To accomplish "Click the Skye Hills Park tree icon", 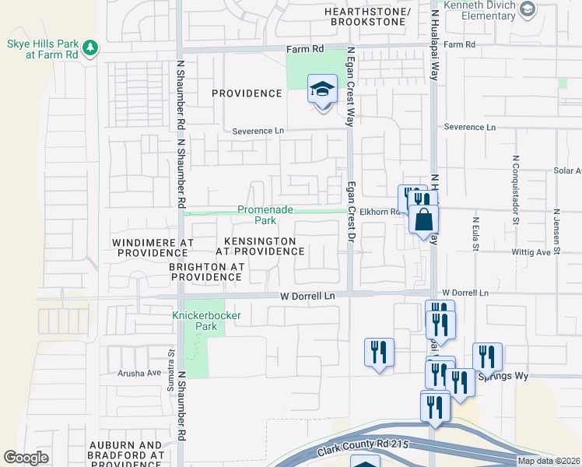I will coord(91,48).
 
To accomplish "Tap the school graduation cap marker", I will coord(321,90).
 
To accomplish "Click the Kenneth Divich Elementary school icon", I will coord(528,9).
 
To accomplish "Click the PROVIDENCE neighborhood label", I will coord(247,93).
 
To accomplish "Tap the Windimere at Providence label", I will coord(153,248).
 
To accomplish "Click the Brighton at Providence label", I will coord(205,272).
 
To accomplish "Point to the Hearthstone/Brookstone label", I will coord(368,17).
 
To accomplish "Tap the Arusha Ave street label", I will coord(138,373).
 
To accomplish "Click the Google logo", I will coord(26,458).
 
